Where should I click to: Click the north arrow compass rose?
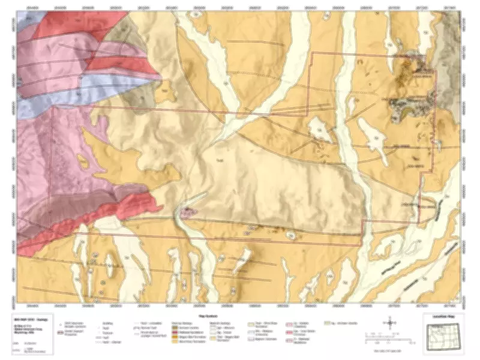[x=391, y=323]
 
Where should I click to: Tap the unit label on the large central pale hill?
[x=220, y=160]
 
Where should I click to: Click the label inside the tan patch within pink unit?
[x=83, y=162]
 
